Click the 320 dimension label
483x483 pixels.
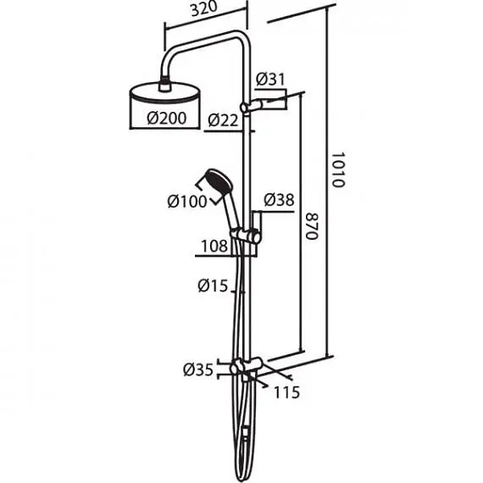click(204, 9)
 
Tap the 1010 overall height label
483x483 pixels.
click(339, 169)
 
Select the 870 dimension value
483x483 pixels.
click(312, 225)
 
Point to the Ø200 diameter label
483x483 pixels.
click(167, 118)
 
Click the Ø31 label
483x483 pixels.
click(270, 79)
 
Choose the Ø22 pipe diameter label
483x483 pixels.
click(223, 120)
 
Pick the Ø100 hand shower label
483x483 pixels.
click(187, 202)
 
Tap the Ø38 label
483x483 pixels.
click(279, 200)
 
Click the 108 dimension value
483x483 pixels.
click(214, 246)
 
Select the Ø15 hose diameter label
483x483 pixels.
click(213, 286)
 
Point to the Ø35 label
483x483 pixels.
click(198, 369)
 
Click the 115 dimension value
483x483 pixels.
click(286, 392)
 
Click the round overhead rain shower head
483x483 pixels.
click(165, 92)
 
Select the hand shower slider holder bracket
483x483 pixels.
click(246, 236)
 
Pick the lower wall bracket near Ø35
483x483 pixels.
click(247, 366)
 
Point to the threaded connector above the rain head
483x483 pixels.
click(165, 85)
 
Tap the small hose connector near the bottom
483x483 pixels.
click(245, 433)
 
